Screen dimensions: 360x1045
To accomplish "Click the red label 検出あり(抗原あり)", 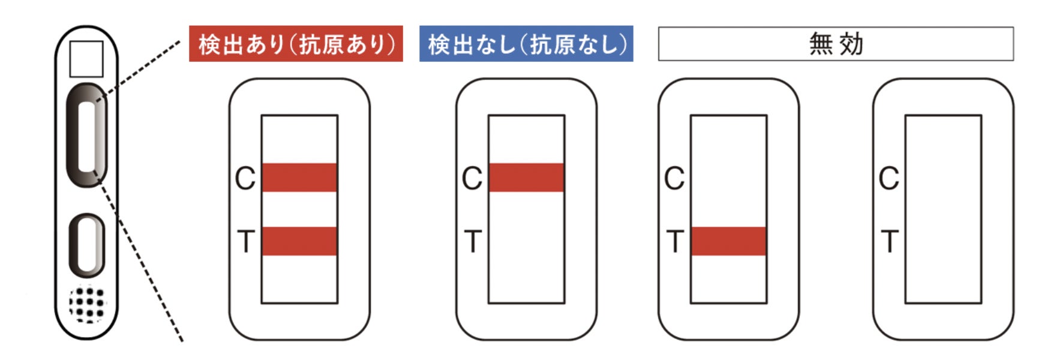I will tap(296, 44).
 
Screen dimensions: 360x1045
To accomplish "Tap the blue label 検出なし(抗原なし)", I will tap(526, 44).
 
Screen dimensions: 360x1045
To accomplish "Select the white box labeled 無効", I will tap(836, 44).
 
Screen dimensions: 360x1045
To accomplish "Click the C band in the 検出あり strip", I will tap(299, 178).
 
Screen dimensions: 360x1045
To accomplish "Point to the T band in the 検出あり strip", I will tap(299, 241).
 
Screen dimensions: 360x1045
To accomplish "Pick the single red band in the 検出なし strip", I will tap(526, 178).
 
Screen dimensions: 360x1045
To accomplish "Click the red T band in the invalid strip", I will tap(728, 241).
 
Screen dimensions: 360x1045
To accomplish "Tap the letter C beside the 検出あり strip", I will tap(245, 178).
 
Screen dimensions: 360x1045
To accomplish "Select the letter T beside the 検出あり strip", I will tap(246, 242).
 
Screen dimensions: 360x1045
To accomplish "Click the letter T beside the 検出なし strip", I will tap(473, 242).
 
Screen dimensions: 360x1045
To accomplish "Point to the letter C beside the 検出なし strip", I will tap(472, 178).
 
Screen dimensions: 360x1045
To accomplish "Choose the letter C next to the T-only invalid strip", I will tap(674, 178).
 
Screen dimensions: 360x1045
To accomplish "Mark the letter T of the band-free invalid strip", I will tap(890, 242).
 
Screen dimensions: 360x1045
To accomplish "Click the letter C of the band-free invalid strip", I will tap(889, 178).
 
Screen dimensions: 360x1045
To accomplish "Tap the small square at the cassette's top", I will tap(86, 59).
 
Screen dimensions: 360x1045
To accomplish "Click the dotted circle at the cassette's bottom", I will tap(88, 304).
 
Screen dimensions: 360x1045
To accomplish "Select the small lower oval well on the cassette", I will tap(88, 245).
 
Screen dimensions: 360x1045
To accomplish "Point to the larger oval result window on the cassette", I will tap(87, 136).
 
